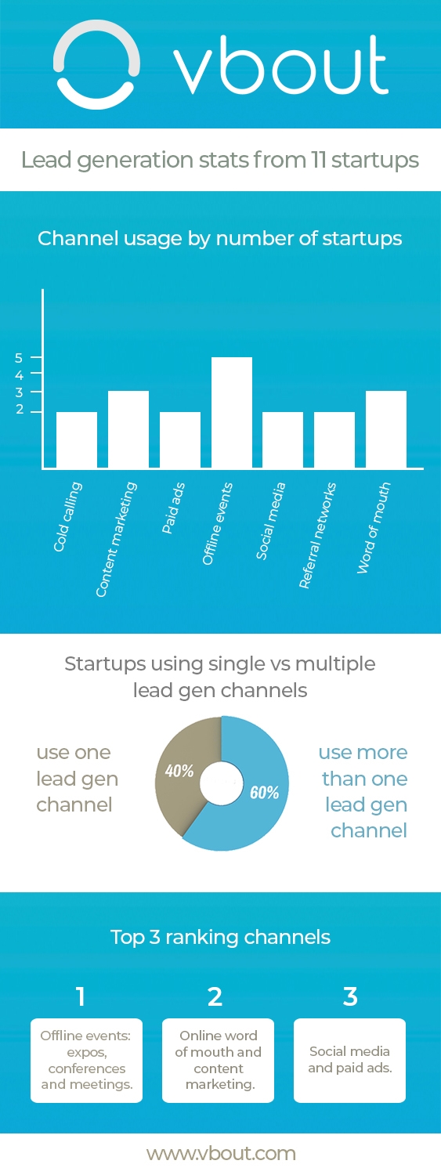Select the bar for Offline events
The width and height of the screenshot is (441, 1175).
point(232,413)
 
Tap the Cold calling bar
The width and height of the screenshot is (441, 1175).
point(77,439)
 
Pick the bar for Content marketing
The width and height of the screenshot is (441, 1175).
point(128,429)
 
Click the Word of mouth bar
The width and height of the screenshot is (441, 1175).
point(385,429)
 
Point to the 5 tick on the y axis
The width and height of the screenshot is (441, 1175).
point(19,358)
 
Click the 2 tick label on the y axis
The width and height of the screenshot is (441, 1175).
point(19,411)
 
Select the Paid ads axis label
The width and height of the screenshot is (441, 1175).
point(173,508)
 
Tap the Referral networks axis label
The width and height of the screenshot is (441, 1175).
point(317,534)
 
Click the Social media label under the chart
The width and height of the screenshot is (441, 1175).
point(271,520)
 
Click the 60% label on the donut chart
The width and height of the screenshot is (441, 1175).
point(264,792)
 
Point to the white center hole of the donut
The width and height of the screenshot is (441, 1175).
point(222,783)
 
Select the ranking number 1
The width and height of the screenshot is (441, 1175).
point(80,996)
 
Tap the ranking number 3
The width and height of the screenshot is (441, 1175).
point(350,996)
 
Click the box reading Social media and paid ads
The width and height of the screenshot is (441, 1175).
point(349,1060)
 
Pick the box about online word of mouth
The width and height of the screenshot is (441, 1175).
point(218,1060)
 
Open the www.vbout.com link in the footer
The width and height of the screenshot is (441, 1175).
point(221,1153)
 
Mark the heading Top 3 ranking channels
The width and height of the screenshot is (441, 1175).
point(220,937)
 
